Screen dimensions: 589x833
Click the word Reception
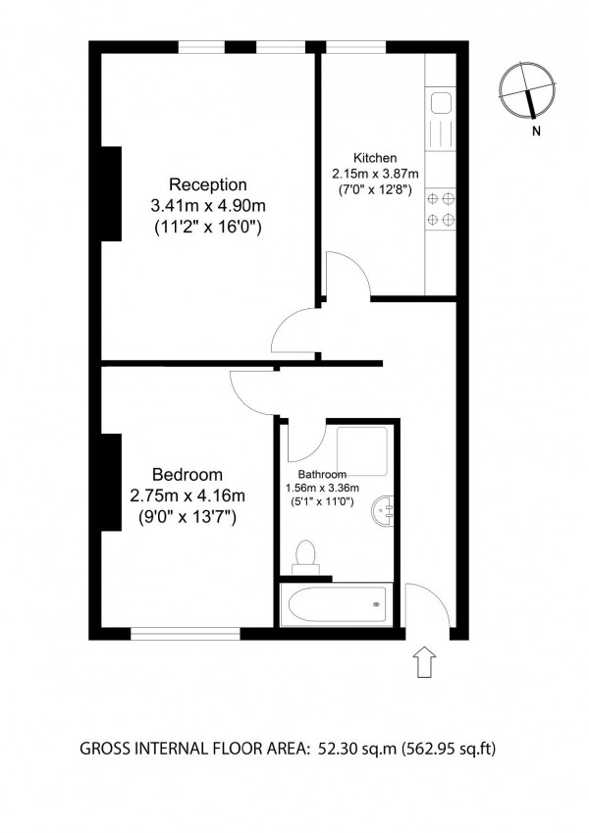[x=208, y=184]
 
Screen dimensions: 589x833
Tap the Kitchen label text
[x=375, y=158]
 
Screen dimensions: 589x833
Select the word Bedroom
[x=187, y=474]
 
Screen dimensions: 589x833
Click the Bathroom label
[x=322, y=475]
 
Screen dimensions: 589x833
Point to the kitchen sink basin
[x=441, y=103]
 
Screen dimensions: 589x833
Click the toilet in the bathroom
[x=305, y=557]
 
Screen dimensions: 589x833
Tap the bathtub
[x=337, y=604]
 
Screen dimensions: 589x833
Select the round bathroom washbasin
[x=383, y=511]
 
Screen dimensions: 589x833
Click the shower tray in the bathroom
[x=362, y=451]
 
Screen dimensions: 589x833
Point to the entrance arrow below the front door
[x=424, y=661]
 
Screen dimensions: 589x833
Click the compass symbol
[x=527, y=90]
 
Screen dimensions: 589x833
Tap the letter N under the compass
[x=536, y=130]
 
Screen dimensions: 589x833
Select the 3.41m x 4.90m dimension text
[x=208, y=205]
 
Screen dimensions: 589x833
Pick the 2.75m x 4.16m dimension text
[x=187, y=495]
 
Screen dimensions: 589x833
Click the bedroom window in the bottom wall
[x=186, y=633]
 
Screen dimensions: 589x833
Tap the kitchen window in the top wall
[x=355, y=47]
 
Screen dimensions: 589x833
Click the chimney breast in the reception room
[x=111, y=193]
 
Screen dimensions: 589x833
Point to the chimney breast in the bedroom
[x=111, y=482]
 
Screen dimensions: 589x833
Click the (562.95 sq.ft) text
[x=449, y=749]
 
